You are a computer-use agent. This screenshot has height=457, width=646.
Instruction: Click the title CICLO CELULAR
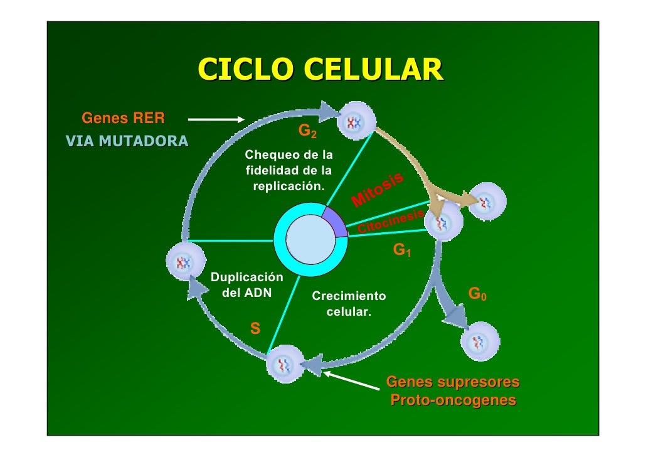click(x=320, y=70)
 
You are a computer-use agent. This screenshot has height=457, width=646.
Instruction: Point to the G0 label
click(x=478, y=294)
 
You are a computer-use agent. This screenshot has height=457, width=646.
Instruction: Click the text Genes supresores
click(x=453, y=382)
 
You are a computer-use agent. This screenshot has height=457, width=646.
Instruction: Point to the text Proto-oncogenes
click(x=453, y=400)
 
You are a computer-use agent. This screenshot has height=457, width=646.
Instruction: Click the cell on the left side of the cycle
click(x=186, y=261)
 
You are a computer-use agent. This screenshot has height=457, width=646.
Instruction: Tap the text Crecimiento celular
click(x=349, y=303)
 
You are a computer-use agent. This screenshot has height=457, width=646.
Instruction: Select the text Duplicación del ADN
click(x=247, y=284)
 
